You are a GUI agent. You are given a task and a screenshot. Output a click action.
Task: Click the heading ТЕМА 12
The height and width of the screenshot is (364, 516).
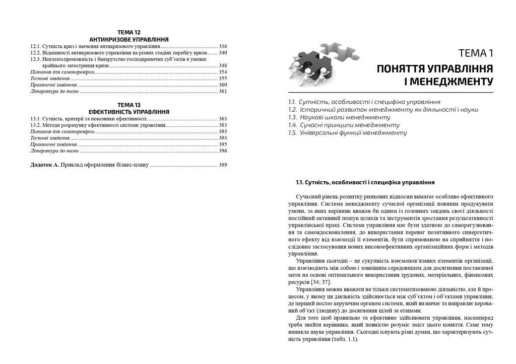coord(128,32)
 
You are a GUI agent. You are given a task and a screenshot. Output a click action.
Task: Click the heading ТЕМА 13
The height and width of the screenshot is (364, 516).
coord(128,105)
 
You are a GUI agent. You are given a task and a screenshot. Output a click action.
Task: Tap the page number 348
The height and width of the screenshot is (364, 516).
coord(223,65)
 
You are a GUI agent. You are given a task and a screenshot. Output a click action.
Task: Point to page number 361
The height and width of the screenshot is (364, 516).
coord(223,92)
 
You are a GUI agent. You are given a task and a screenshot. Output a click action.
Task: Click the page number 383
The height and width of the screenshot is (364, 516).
coord(223,125)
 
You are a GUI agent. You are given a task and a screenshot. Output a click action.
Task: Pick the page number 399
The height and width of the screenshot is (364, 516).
coord(223,165)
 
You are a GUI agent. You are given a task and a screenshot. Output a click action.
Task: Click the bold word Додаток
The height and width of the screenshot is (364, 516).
coord(41,165)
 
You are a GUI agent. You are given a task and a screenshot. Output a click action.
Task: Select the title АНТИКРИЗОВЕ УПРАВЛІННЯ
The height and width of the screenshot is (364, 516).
coord(128,39)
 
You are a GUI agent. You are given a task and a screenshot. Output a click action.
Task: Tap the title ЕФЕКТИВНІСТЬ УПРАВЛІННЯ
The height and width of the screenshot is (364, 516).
coord(128,112)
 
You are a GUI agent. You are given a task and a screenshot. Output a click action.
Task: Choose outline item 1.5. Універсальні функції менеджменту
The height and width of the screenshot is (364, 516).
coord(347,132)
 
